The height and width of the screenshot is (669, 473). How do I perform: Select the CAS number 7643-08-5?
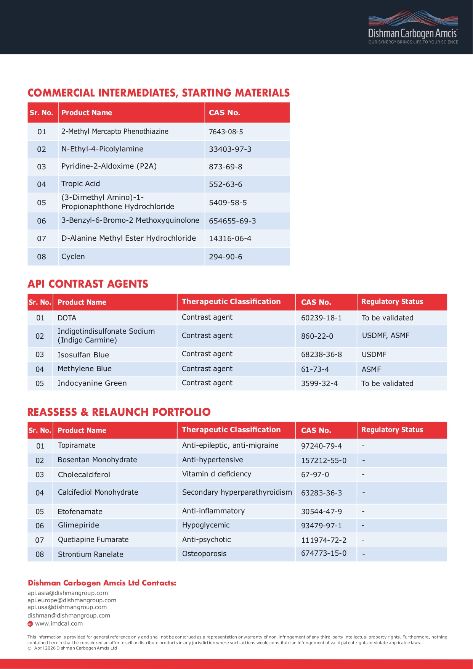point(226,132)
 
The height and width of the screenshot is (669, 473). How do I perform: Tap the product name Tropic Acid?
point(80,184)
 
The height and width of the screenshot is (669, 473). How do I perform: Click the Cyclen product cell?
point(73,257)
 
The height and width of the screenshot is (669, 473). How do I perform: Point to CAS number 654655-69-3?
point(232,221)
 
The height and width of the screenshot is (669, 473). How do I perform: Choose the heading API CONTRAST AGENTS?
point(88,284)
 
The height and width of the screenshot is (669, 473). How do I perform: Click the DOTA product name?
point(67,318)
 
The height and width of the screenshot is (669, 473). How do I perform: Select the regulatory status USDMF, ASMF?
point(385,336)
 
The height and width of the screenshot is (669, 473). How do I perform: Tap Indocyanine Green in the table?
point(92,383)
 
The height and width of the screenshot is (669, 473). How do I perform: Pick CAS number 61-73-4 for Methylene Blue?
point(315,369)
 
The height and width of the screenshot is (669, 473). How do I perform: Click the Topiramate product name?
point(77,445)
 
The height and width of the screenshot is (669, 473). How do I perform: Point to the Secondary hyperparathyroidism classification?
point(237,492)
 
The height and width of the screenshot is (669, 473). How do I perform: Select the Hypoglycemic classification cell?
point(206,525)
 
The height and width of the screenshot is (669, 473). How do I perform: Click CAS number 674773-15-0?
point(324,553)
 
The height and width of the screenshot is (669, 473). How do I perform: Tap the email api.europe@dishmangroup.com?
point(72,600)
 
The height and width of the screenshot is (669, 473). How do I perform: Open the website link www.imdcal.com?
point(59,624)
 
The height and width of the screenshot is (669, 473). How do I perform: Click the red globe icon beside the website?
point(30,624)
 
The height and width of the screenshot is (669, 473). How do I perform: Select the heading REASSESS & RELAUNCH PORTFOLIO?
point(119,412)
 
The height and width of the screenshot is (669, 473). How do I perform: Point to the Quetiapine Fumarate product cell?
point(93,540)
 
